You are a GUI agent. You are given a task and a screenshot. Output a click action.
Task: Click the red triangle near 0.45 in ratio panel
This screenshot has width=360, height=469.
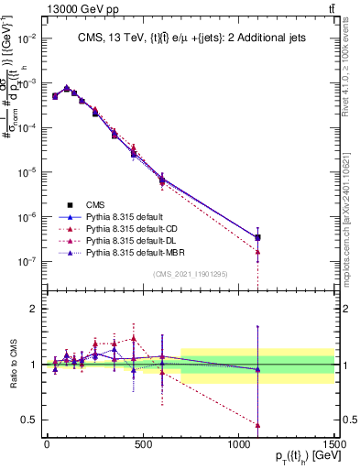point(258,425)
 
